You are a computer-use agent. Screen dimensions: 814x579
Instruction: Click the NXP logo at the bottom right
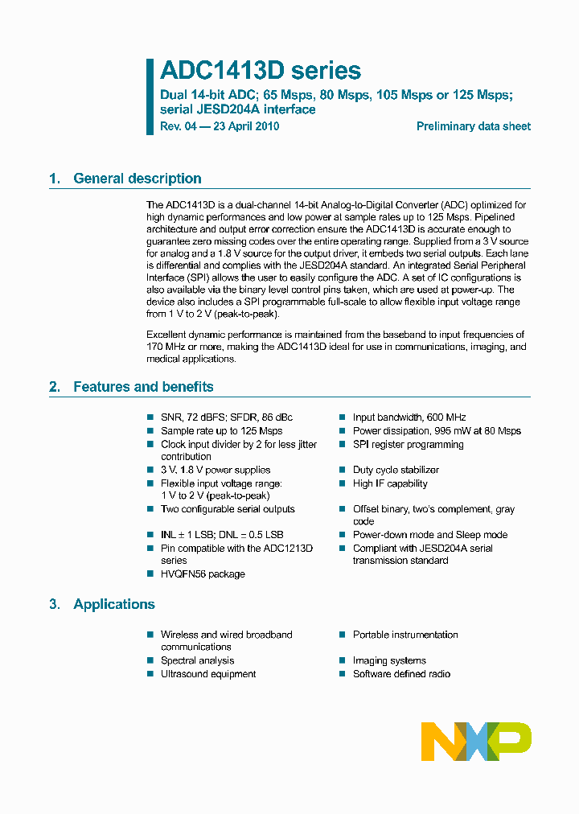(x=476, y=741)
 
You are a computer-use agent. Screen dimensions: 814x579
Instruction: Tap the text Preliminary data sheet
(x=473, y=126)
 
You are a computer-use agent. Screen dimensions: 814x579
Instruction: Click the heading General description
(x=137, y=179)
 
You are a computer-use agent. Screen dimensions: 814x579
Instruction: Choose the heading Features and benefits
(x=143, y=387)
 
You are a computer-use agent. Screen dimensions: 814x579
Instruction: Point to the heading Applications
(x=114, y=604)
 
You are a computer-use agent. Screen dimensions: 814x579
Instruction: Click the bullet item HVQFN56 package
(x=203, y=574)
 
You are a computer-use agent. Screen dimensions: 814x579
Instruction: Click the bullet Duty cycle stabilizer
(x=396, y=470)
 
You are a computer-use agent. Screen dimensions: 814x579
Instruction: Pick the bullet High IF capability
(x=390, y=483)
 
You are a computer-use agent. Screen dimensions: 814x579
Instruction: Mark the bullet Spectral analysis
(x=197, y=660)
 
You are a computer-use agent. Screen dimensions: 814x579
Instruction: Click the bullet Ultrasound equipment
(x=207, y=674)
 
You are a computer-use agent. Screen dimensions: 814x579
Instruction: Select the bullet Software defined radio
(x=401, y=674)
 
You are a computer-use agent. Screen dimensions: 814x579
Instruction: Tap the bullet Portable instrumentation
(x=404, y=635)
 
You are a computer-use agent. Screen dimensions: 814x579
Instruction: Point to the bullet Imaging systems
(x=389, y=660)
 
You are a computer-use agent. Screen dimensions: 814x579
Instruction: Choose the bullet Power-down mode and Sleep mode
(x=429, y=535)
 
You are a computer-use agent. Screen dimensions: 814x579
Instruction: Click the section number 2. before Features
(x=55, y=387)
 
